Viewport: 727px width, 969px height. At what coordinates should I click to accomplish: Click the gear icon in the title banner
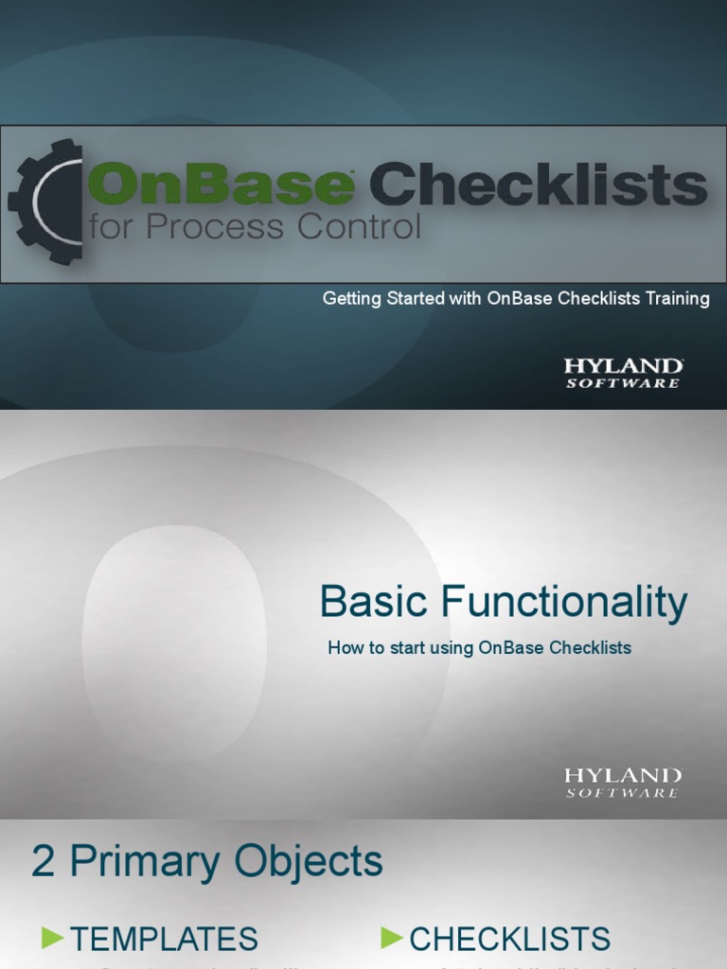[45, 202]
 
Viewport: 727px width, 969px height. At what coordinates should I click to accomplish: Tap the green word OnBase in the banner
[221, 185]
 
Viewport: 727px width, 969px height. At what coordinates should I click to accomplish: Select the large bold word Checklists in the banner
[538, 185]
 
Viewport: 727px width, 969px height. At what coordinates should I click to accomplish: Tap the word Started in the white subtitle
[413, 299]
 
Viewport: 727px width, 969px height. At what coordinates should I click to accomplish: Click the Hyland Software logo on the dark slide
[623, 373]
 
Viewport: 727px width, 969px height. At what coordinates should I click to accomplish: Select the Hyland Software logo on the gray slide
[623, 783]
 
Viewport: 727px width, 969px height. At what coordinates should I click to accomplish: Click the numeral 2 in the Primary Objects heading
[44, 862]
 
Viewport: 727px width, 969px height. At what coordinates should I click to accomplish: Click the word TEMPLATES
[164, 940]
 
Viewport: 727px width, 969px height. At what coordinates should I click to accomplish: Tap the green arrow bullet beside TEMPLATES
[53, 939]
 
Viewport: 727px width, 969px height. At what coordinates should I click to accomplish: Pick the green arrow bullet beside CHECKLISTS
[392, 939]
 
